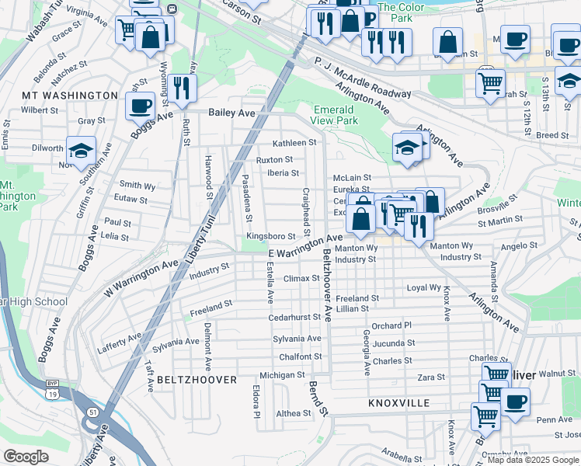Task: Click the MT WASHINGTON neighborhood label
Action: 70,96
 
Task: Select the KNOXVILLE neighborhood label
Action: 398,404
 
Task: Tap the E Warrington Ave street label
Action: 305,248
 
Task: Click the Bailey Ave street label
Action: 231,113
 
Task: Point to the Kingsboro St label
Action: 271,236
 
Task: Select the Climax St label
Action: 301,278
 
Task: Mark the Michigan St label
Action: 283,375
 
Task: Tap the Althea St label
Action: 293,413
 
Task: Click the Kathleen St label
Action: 294,143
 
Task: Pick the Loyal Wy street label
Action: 424,288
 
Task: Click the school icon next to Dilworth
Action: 80,151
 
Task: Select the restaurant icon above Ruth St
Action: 183,87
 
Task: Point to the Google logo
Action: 26,457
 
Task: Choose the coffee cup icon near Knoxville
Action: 514,402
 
